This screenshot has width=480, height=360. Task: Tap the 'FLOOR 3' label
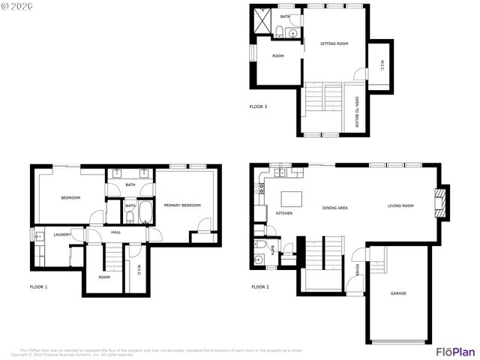(x=258, y=106)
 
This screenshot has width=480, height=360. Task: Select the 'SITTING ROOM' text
(x=334, y=44)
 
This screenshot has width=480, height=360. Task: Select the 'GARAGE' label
(x=398, y=293)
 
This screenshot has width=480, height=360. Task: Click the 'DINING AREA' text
(x=334, y=207)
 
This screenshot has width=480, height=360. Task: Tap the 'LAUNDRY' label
(x=61, y=235)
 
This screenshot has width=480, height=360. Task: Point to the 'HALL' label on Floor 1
(x=116, y=232)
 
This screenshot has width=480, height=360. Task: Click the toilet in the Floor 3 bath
(x=280, y=31)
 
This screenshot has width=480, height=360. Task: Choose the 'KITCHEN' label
(x=284, y=214)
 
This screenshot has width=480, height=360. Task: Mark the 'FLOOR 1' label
(x=38, y=287)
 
